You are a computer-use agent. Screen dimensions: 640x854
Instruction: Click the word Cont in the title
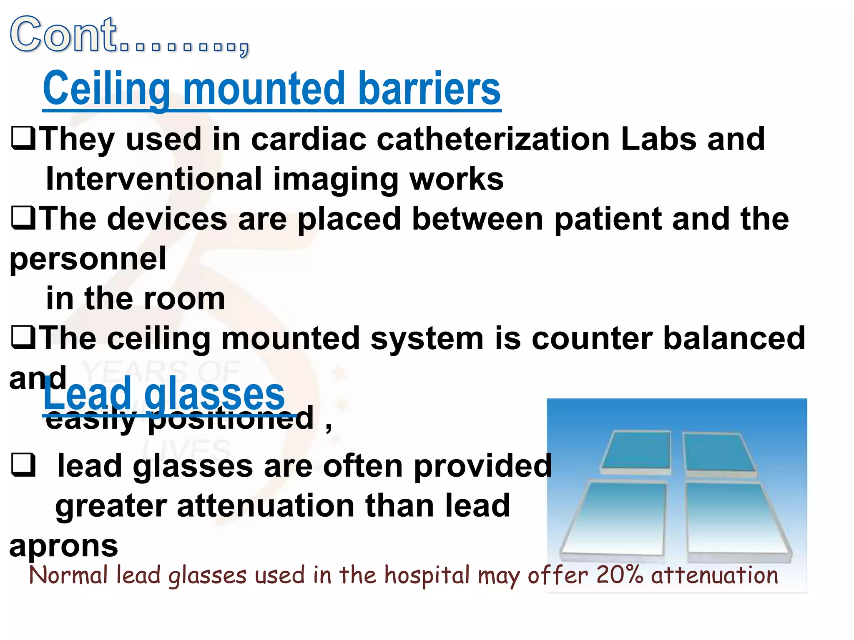pyautogui.click(x=63, y=35)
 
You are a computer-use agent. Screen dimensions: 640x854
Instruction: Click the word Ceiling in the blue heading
pyautogui.click(x=106, y=89)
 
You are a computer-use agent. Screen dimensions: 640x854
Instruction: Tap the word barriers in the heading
pyautogui.click(x=429, y=89)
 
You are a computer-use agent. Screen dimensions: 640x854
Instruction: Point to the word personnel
pyautogui.click(x=88, y=258)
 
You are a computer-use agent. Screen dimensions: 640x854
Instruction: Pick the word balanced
pyautogui.click(x=734, y=338)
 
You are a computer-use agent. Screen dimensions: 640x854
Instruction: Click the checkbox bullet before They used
pyautogui.click(x=23, y=139)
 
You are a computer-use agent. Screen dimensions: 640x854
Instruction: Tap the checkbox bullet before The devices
pyautogui.click(x=23, y=219)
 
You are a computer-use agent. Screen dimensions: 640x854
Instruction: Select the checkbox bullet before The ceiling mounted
pyautogui.click(x=23, y=338)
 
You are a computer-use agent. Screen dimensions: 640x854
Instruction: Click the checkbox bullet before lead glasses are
pyautogui.click(x=23, y=465)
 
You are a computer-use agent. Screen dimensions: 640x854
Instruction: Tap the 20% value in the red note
pyautogui.click(x=620, y=575)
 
